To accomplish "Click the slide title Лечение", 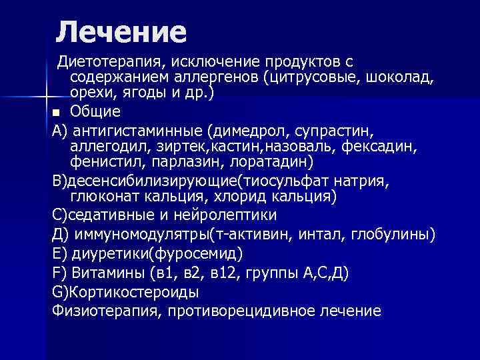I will tap(121, 31).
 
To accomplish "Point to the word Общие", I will tap(95, 111).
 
